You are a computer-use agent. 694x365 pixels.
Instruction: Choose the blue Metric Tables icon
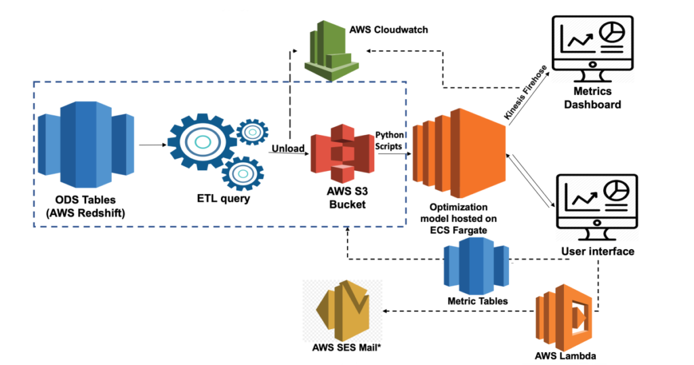[x=476, y=268]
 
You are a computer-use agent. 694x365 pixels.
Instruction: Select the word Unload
[x=288, y=148]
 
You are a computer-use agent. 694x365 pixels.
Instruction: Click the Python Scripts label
[x=389, y=140]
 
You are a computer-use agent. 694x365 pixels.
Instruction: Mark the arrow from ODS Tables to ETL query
[x=152, y=144]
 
